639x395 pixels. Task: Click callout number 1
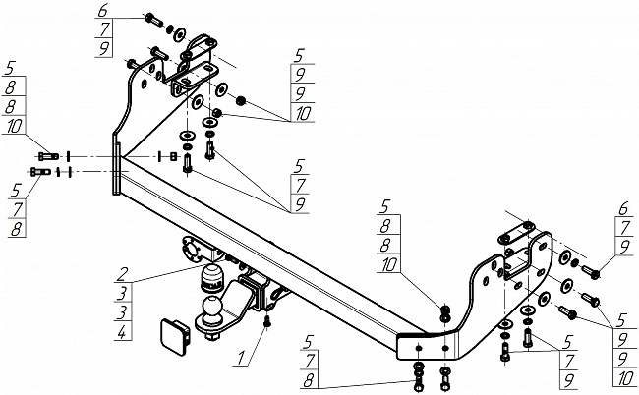(x=241, y=358)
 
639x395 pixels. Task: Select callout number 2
(x=122, y=274)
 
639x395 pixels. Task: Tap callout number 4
(x=122, y=333)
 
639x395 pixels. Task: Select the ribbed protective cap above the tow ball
(x=212, y=278)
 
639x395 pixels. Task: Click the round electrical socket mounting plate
(x=192, y=250)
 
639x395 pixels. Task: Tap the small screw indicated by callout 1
(x=267, y=321)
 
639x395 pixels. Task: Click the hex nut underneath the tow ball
(x=211, y=336)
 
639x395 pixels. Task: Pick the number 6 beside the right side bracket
(x=624, y=209)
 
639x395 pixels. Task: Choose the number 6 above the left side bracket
(x=103, y=10)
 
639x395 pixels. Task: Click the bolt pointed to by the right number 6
(x=590, y=272)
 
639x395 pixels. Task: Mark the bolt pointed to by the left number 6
(x=153, y=19)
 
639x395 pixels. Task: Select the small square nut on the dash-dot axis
(x=173, y=156)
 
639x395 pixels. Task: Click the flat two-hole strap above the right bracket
(x=516, y=233)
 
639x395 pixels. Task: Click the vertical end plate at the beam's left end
(x=116, y=168)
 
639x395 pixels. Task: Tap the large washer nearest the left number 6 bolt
(x=179, y=35)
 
